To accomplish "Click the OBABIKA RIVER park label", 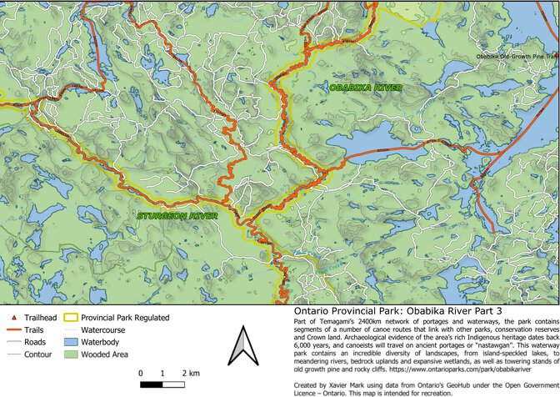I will tap(366, 88).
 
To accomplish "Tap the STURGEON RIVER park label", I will tap(177, 215).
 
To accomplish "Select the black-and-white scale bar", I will tap(167, 384).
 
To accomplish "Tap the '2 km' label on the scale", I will tap(192, 373).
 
